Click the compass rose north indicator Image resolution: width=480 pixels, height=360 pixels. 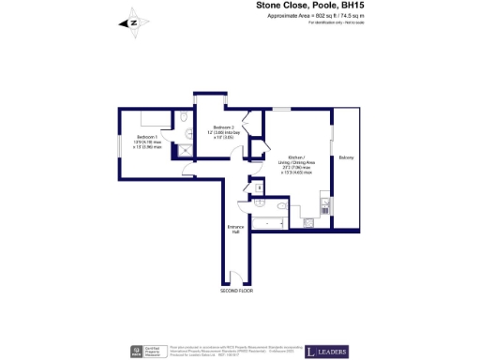pos(133,22)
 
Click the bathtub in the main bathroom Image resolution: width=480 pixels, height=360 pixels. pos(273,223)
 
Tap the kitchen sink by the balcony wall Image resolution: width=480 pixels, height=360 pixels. pos(324,201)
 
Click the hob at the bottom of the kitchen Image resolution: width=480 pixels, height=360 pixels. pos(307,223)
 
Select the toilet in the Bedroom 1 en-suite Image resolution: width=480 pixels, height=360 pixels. pos(184,119)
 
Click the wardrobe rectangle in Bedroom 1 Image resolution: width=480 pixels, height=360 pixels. pos(146,119)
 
